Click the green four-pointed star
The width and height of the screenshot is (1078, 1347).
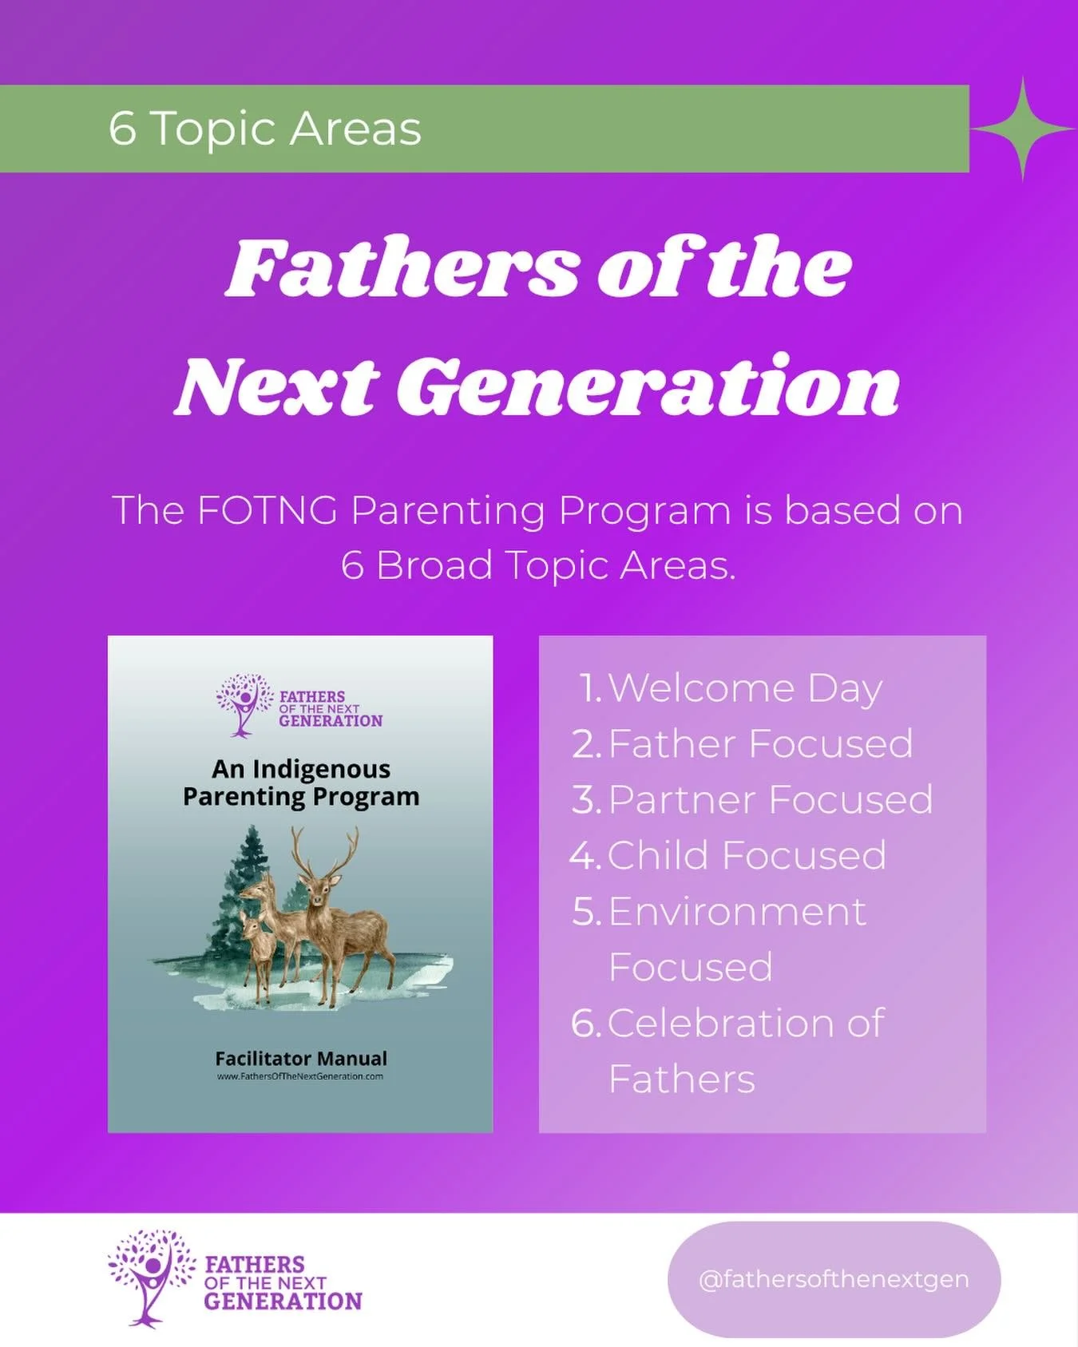[1023, 129]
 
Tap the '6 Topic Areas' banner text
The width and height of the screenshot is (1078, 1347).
[264, 129]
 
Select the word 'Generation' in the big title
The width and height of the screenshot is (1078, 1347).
[648, 387]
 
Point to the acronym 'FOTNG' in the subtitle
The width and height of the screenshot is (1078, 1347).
[267, 510]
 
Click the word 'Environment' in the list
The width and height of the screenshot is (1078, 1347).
[736, 912]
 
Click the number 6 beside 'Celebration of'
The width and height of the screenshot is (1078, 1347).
[585, 1024]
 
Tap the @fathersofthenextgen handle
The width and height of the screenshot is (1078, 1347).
[833, 1279]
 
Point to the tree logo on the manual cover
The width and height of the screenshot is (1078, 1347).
[243, 703]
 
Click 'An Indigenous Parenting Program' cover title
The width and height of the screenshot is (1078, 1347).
[301, 782]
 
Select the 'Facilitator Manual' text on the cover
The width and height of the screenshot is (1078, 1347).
[301, 1059]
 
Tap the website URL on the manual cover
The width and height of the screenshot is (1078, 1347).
[300, 1076]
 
